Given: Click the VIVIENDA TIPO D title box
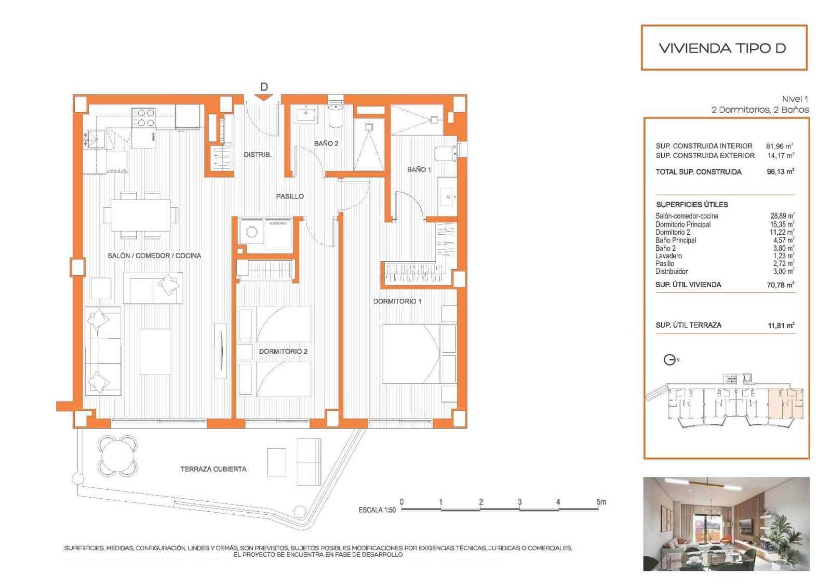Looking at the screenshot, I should [x=723, y=48].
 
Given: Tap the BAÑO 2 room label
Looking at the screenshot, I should [x=326, y=143].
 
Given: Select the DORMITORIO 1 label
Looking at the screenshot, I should [x=397, y=301].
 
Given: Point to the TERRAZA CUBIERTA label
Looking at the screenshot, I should [x=213, y=469].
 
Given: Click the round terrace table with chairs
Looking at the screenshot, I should [x=118, y=456].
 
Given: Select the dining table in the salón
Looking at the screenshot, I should [x=140, y=215].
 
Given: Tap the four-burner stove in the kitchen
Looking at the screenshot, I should [x=143, y=117].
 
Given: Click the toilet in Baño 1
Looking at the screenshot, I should [x=446, y=154].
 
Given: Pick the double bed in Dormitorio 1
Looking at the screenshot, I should [x=418, y=354].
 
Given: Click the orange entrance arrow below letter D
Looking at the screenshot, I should [x=264, y=97].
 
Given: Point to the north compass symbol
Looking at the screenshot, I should [x=670, y=359].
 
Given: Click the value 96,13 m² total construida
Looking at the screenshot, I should [x=780, y=172].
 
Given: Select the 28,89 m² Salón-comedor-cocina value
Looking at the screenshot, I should [x=782, y=216].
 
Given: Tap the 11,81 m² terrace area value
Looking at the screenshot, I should [x=781, y=326].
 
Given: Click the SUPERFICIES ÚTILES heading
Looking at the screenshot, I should [x=691, y=205].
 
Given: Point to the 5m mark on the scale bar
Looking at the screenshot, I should [x=600, y=502].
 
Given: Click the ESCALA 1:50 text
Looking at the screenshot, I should [x=377, y=510].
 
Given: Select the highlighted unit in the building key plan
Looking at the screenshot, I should [x=785, y=404].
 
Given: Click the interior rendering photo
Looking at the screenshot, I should [x=726, y=524].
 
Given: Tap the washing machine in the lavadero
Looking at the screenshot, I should [x=252, y=232].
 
